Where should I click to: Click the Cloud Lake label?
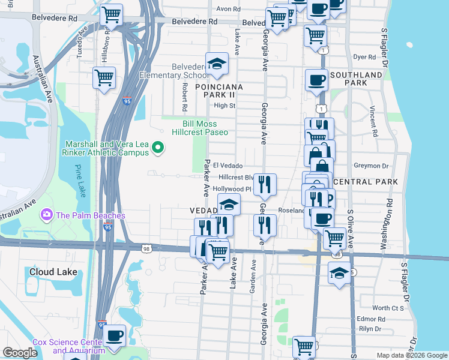[x=53, y=272]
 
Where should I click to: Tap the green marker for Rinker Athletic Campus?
[x=158, y=146]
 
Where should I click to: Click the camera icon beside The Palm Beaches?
[x=46, y=215]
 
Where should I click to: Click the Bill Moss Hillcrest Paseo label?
[x=200, y=127]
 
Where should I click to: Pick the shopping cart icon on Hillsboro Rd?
[x=104, y=77]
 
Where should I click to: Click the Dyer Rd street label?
[x=364, y=58]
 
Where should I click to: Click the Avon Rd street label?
[x=228, y=9]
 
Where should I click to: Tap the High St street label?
[x=224, y=106]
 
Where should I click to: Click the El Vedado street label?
[x=228, y=166]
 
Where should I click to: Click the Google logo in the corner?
[x=19, y=353]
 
